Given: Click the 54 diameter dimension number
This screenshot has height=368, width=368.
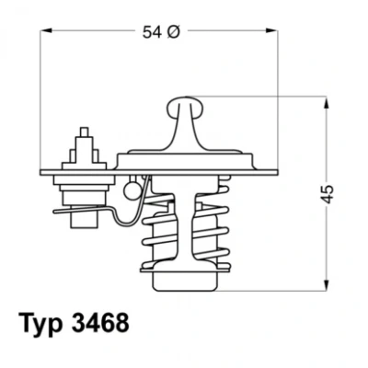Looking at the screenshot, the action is point(152,32).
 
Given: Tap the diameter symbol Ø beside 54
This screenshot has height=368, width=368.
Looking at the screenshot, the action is point(173,32).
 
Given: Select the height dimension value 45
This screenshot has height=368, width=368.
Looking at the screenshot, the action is point(328,194).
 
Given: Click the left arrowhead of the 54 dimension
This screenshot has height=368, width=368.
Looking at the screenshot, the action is point(45,30).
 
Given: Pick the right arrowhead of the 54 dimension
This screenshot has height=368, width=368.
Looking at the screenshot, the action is point(272,30).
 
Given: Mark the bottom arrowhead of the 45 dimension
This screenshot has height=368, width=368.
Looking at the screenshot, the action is point(328,285).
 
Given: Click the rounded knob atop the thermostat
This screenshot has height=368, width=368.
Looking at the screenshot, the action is point(185,108).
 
